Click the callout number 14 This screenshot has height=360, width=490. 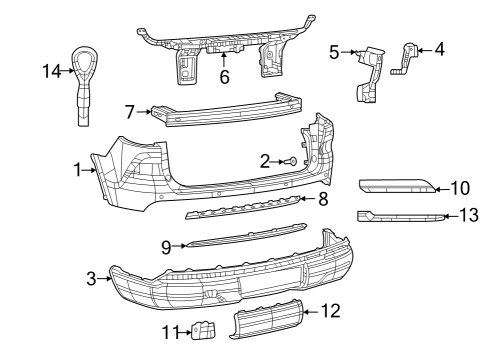click(x=51, y=70)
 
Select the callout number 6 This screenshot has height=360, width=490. click(x=225, y=76)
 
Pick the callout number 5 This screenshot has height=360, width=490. click(x=335, y=52)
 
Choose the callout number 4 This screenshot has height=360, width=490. click(x=438, y=47)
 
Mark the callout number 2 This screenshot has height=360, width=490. click(x=266, y=160)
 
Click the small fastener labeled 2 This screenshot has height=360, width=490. click(x=291, y=160)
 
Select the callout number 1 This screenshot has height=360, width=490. click(x=78, y=170)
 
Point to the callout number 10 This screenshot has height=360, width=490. click(x=459, y=186)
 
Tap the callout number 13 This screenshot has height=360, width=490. click(x=467, y=214)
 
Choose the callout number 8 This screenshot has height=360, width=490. click(x=323, y=199)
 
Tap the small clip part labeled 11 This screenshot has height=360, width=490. click(x=203, y=330)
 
